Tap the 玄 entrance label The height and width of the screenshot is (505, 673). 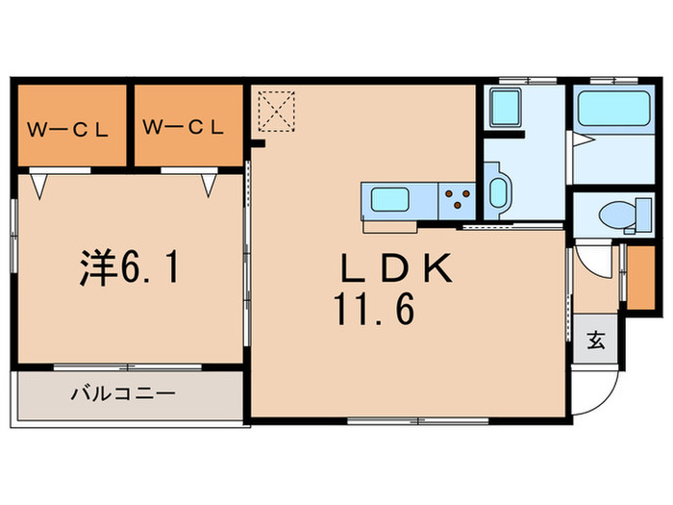(597, 340)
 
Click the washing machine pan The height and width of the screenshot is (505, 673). (504, 105)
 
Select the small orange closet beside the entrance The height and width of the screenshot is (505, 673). (636, 277)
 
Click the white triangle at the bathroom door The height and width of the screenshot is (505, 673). (579, 140)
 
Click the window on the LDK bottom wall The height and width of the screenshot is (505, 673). (393, 420)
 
